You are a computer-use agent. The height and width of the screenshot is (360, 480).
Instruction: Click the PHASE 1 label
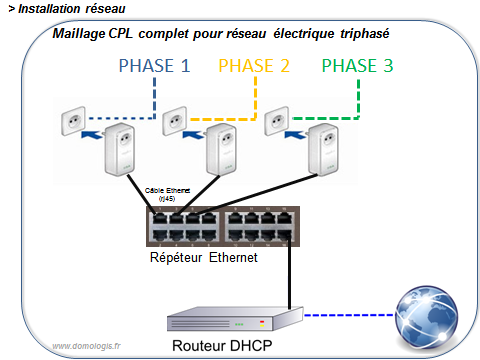154,68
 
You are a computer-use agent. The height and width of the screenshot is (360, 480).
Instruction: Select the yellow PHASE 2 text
254,68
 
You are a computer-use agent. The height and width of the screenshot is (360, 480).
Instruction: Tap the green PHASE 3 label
358,68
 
